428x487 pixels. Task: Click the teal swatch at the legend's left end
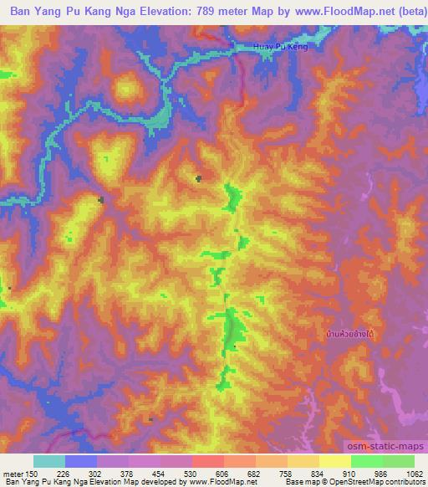[49, 460]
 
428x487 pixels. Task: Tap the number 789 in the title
[211, 11]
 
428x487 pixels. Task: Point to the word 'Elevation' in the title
[162, 11]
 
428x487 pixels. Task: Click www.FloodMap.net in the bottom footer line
[206, 481]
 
